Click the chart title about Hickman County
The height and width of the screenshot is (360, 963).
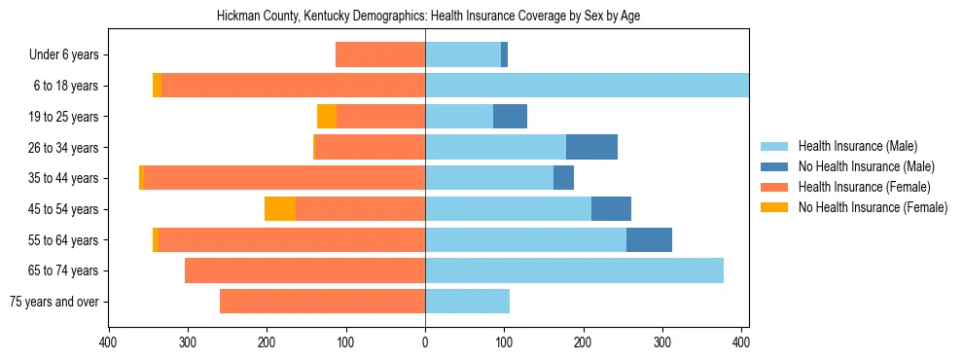435,17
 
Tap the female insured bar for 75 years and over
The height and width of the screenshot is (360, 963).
322,302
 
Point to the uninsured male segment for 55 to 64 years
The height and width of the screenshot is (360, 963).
649,239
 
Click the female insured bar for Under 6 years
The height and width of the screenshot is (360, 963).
380,55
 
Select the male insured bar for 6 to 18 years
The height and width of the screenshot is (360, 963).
587,86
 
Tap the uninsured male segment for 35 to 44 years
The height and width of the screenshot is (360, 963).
563,178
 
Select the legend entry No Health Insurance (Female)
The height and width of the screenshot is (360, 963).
873,207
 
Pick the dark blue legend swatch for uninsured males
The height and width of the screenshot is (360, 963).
775,167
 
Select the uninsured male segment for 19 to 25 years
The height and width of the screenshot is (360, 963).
510,117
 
